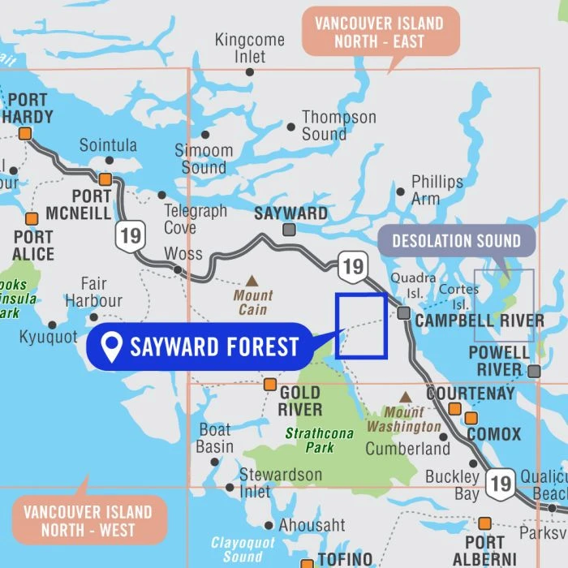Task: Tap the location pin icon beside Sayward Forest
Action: coord(111,347)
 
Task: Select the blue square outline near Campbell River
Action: coord(361,325)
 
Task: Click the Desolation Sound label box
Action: coord(456,241)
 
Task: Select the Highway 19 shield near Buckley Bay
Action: coord(501,484)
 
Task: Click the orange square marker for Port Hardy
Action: coord(25,134)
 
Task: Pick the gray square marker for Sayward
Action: coord(288,230)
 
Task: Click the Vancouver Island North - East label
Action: coord(380,32)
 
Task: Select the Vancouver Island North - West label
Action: coord(88,521)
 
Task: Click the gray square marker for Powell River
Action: coord(533,371)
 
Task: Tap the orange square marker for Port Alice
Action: coord(32,219)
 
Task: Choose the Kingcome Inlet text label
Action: coord(249,48)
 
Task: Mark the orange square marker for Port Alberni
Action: coord(484,523)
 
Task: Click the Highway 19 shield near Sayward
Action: coord(352,266)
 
